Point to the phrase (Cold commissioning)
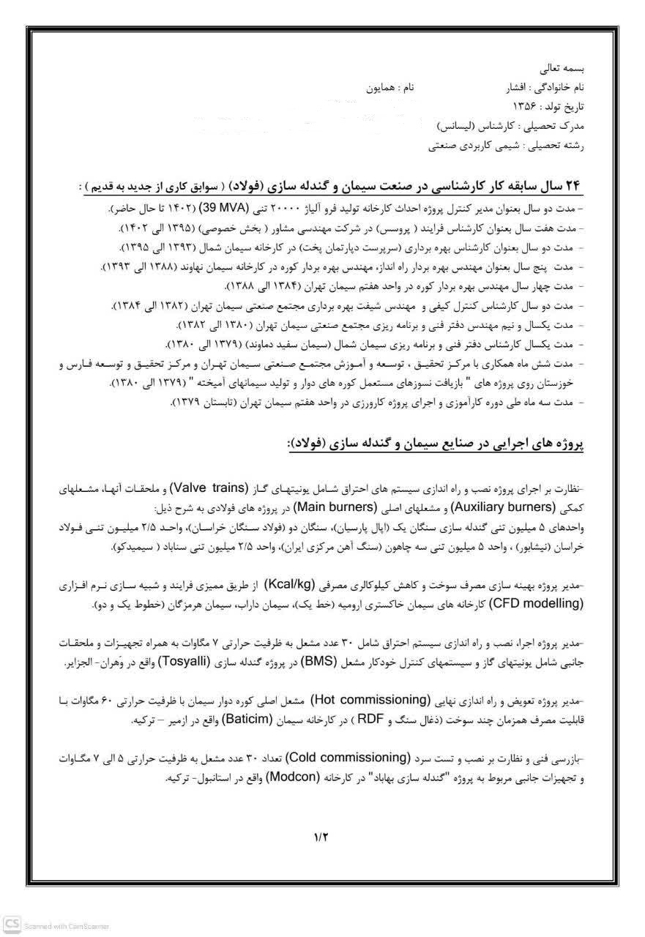348,757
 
